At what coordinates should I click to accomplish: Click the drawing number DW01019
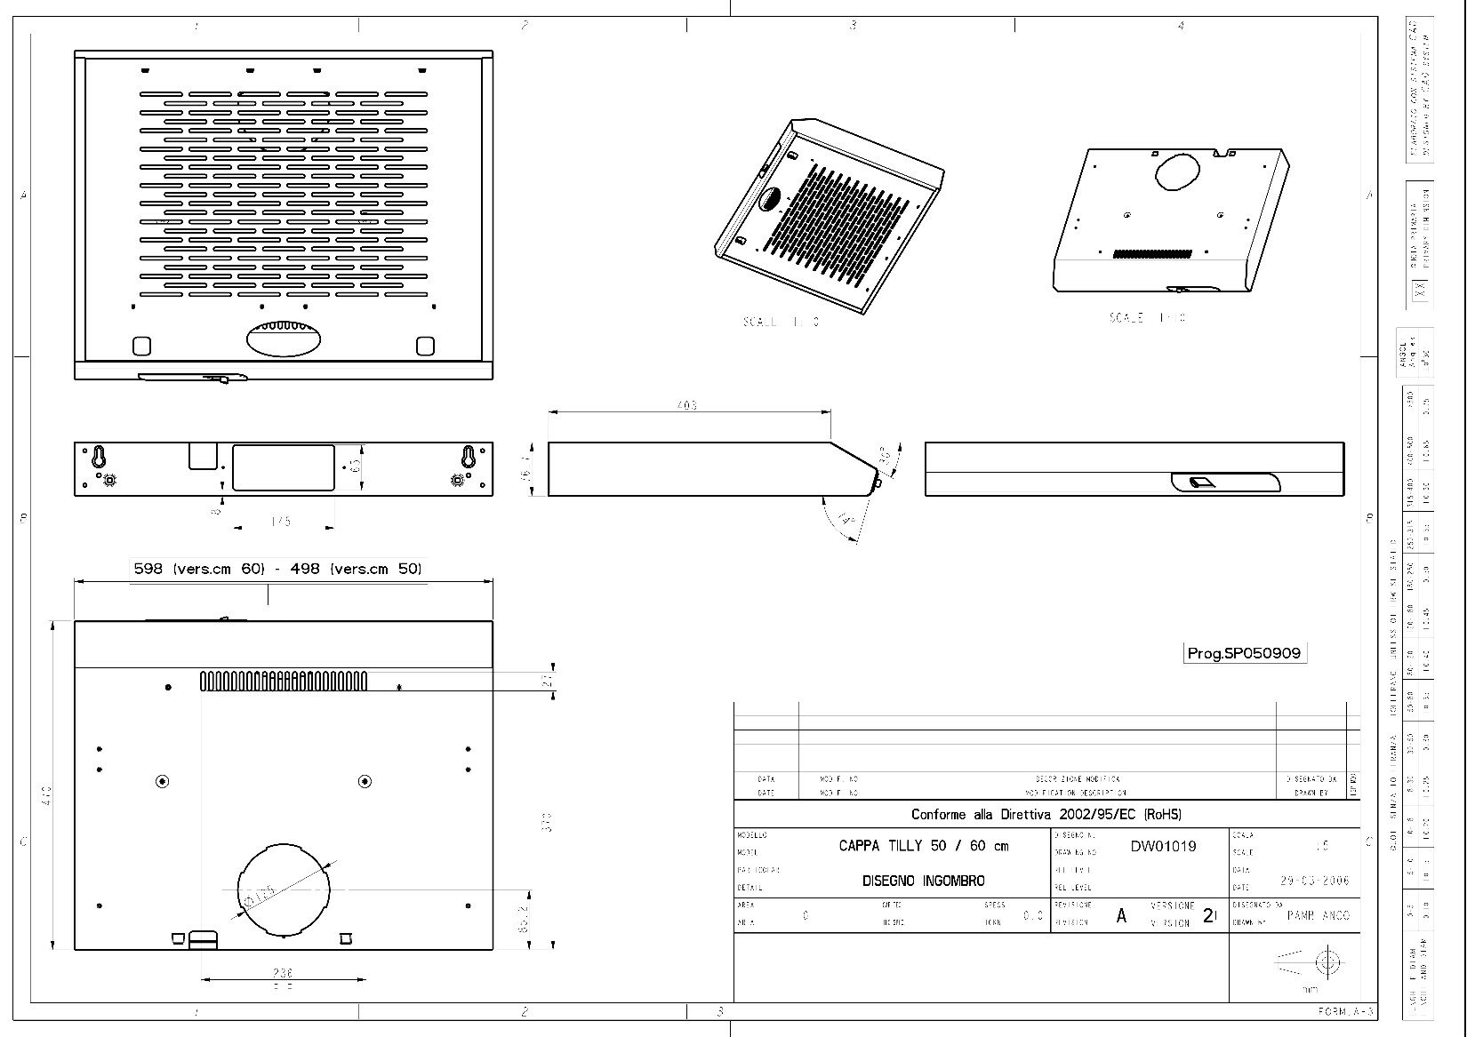point(1162,846)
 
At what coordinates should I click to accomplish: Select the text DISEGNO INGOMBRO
point(923,881)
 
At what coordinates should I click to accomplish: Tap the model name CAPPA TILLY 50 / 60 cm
point(923,846)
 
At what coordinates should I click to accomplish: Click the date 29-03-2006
point(1314,881)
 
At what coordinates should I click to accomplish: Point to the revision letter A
point(1121,915)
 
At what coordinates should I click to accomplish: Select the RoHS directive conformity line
point(1046,814)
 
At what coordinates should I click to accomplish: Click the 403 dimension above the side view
point(686,405)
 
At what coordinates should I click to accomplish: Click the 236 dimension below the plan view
point(283,973)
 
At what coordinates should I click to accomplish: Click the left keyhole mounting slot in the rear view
point(100,457)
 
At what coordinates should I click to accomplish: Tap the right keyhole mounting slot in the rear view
point(468,457)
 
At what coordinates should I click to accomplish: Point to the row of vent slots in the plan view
point(283,682)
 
